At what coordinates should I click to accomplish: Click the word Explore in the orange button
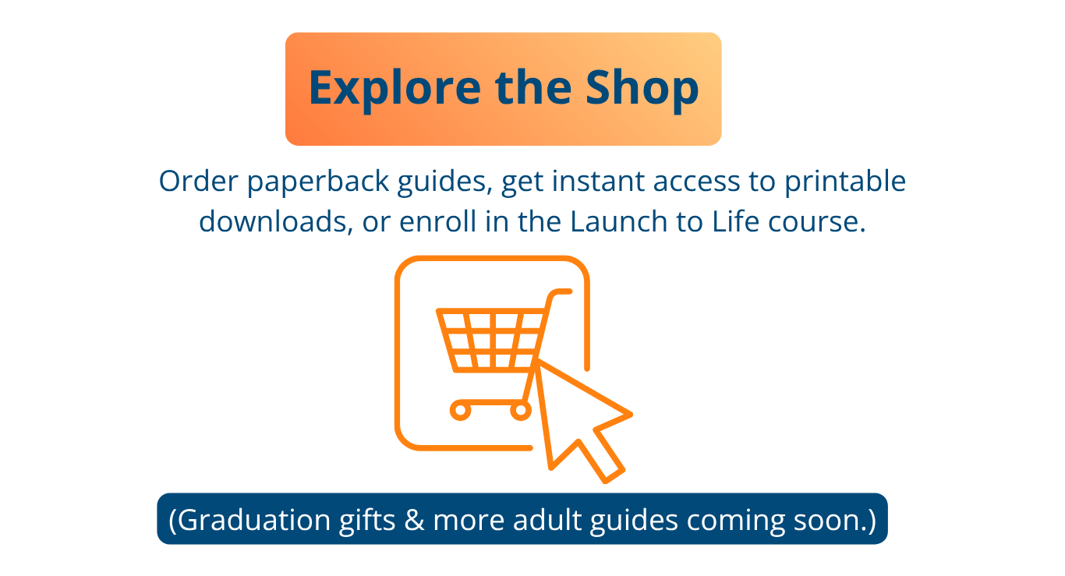[395, 89]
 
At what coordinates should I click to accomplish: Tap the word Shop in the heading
[642, 89]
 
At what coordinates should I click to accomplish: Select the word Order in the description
[198, 181]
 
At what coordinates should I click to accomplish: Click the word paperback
[318, 182]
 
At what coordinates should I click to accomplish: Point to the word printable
[845, 182]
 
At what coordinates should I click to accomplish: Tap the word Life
[735, 221]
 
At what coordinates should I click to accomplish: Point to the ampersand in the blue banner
[414, 520]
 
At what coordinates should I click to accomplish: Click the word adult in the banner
[547, 519]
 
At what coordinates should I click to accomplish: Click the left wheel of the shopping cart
[460, 411]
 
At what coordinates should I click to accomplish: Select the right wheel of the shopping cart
[521, 411]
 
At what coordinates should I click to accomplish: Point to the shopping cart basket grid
[490, 340]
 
